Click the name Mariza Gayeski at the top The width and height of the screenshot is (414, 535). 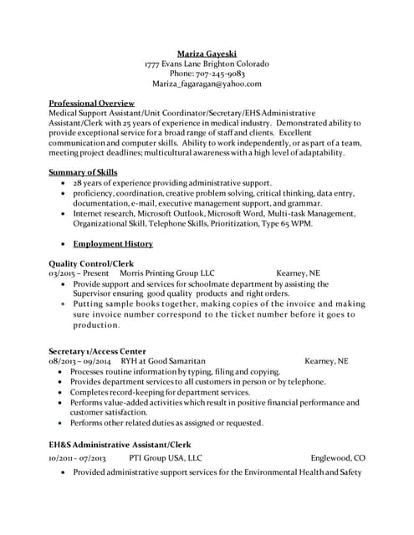point(207,53)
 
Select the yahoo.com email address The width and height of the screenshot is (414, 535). point(207,84)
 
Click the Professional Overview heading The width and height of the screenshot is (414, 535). point(92,103)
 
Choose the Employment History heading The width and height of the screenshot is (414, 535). point(113,244)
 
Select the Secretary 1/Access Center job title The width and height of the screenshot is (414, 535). point(98,351)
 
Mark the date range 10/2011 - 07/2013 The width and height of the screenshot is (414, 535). point(77,458)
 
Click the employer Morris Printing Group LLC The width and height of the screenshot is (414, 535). point(167,273)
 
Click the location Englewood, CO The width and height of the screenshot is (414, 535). point(338,458)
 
